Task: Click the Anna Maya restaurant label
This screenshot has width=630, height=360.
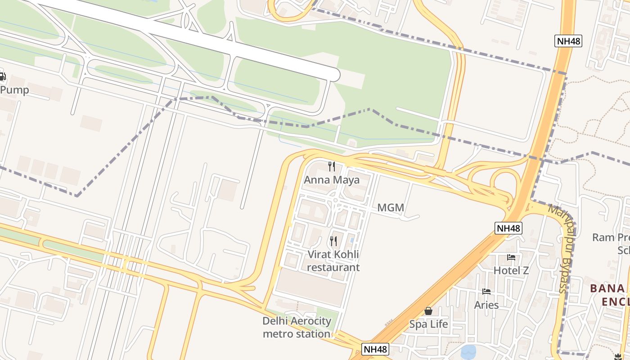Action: tap(332, 180)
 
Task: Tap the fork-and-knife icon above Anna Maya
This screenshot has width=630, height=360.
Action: tap(332, 166)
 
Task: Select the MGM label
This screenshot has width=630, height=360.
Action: tap(390, 208)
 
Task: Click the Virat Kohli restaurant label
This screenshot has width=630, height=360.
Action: tap(333, 261)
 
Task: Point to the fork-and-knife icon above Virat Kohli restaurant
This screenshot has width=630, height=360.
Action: tap(333, 241)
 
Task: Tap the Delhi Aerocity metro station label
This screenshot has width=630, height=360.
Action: tap(297, 328)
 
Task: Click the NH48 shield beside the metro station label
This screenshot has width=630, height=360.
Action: tap(375, 349)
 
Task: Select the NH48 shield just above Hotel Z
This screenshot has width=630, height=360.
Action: tap(508, 228)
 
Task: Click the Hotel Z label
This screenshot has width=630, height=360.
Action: tap(511, 270)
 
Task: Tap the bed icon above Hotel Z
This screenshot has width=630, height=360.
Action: tap(511, 257)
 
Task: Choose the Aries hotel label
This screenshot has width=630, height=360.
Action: tap(486, 305)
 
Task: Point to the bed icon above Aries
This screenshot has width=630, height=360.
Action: tap(486, 292)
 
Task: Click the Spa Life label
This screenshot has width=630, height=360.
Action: tap(428, 324)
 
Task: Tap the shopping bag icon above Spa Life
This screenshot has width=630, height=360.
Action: tap(428, 311)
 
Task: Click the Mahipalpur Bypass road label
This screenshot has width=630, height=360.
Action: tap(563, 247)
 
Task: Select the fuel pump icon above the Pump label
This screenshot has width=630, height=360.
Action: tap(2, 77)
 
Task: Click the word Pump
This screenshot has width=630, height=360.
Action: tap(14, 90)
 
